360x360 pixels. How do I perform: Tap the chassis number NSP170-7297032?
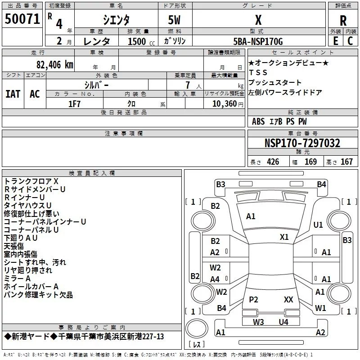pyautogui.click(x=302, y=143)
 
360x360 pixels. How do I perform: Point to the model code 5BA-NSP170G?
pyautogui.click(x=258, y=41)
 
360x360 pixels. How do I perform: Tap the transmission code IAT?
pyautogui.click(x=13, y=94)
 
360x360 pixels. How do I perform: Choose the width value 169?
pyautogui.click(x=310, y=162)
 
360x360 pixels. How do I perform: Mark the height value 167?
pyautogui.click(x=346, y=162)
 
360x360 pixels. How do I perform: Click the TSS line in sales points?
pyautogui.click(x=258, y=72)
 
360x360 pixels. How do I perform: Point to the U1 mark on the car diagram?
pyautogui.click(x=318, y=225)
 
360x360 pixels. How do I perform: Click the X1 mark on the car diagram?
pyautogui.click(x=284, y=237)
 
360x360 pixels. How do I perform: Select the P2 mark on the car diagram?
pyautogui.click(x=254, y=299)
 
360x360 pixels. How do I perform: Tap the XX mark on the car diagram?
pyautogui.click(x=288, y=299)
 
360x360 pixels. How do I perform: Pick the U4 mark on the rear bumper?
pyautogui.click(x=283, y=322)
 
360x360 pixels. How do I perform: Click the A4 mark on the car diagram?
pyautogui.click(x=215, y=279)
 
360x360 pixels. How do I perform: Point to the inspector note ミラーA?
pyautogui.click(x=18, y=279)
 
